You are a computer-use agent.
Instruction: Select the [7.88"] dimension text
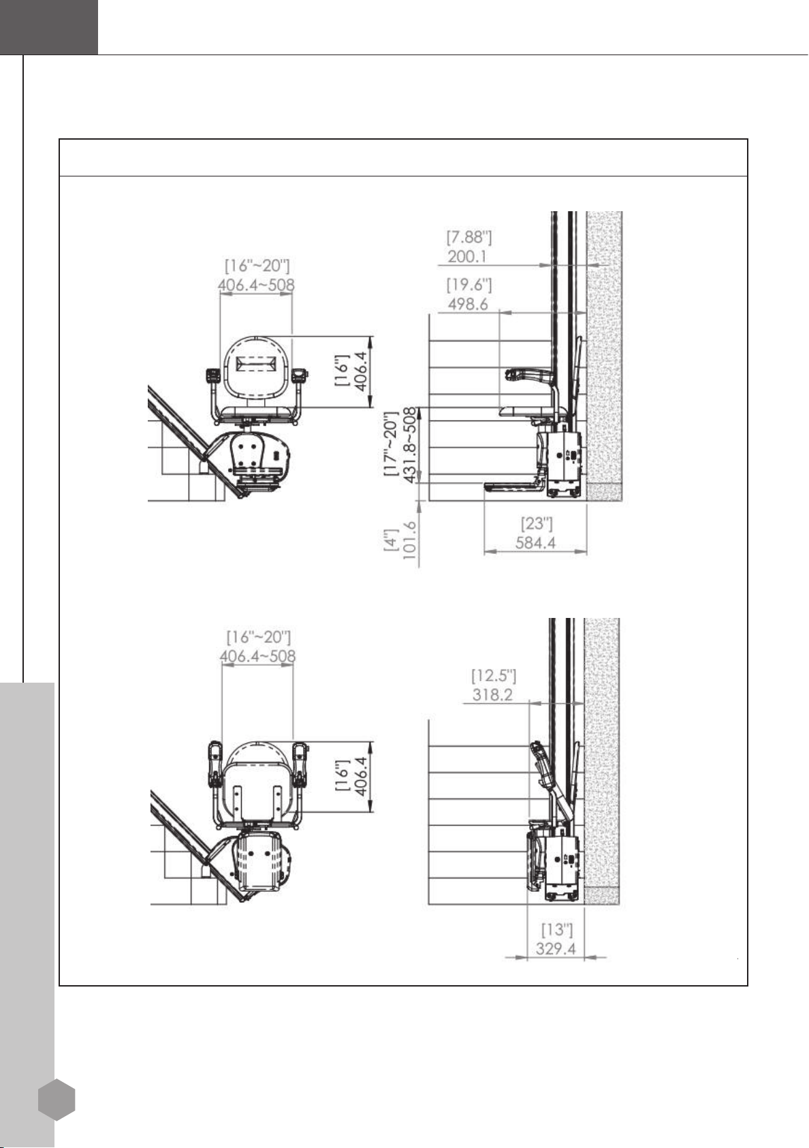coord(469,237)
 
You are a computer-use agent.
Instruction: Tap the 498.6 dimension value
coord(468,304)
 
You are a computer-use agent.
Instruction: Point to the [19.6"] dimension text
coord(469,284)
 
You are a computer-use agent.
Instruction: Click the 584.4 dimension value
coord(535,543)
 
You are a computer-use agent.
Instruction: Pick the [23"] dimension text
coord(537,524)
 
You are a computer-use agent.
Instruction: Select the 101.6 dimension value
coord(410,541)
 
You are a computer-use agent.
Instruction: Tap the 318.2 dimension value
coord(492,695)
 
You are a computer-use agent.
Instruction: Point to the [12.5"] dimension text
coord(494,675)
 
